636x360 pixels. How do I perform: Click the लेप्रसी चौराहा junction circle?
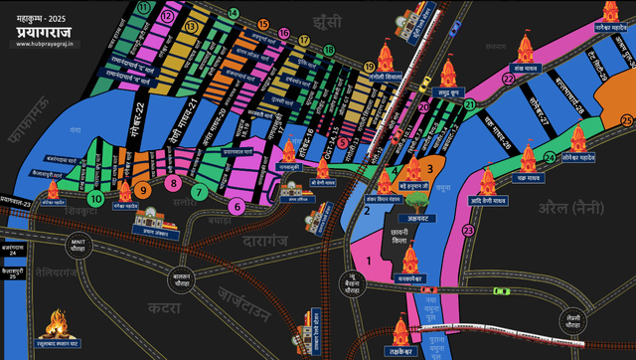571,321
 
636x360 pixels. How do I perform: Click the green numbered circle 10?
96,198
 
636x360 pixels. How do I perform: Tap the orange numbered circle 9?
144,188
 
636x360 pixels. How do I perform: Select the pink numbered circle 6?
237,206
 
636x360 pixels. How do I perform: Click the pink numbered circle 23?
467,231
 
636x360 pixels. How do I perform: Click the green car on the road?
503,291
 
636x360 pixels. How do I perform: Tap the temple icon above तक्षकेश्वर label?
401,331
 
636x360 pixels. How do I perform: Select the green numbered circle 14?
233,13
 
